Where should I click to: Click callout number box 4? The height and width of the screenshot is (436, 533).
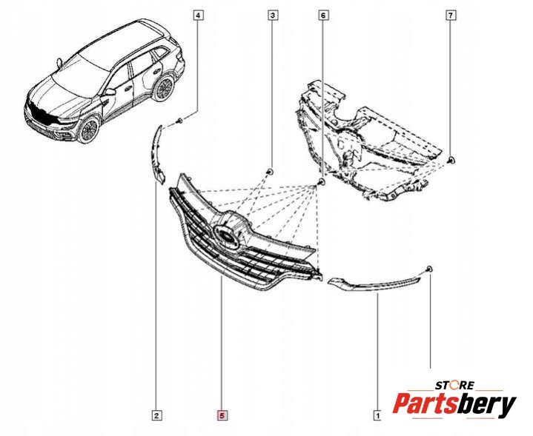tap(198, 15)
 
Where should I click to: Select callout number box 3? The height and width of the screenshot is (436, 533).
tap(273, 15)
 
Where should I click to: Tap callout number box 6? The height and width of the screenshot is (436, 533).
tap(322, 15)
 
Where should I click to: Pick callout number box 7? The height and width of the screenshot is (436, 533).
tap(451, 15)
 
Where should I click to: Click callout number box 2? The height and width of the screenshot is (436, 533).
tap(156, 416)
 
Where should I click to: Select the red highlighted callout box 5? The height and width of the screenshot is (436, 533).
tap(221, 416)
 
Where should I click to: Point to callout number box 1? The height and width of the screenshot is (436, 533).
tap(377, 416)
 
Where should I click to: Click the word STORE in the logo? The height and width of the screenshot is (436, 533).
tap(454, 385)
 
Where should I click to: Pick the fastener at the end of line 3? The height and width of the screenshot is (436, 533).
tap(270, 171)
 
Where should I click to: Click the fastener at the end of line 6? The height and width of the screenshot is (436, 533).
tap(321, 181)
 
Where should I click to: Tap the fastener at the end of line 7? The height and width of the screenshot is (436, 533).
tap(451, 161)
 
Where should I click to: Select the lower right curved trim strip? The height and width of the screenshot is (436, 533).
tap(374, 284)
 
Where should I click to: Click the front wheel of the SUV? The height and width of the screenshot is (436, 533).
tap(89, 129)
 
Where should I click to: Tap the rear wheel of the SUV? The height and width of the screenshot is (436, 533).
tap(163, 88)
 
